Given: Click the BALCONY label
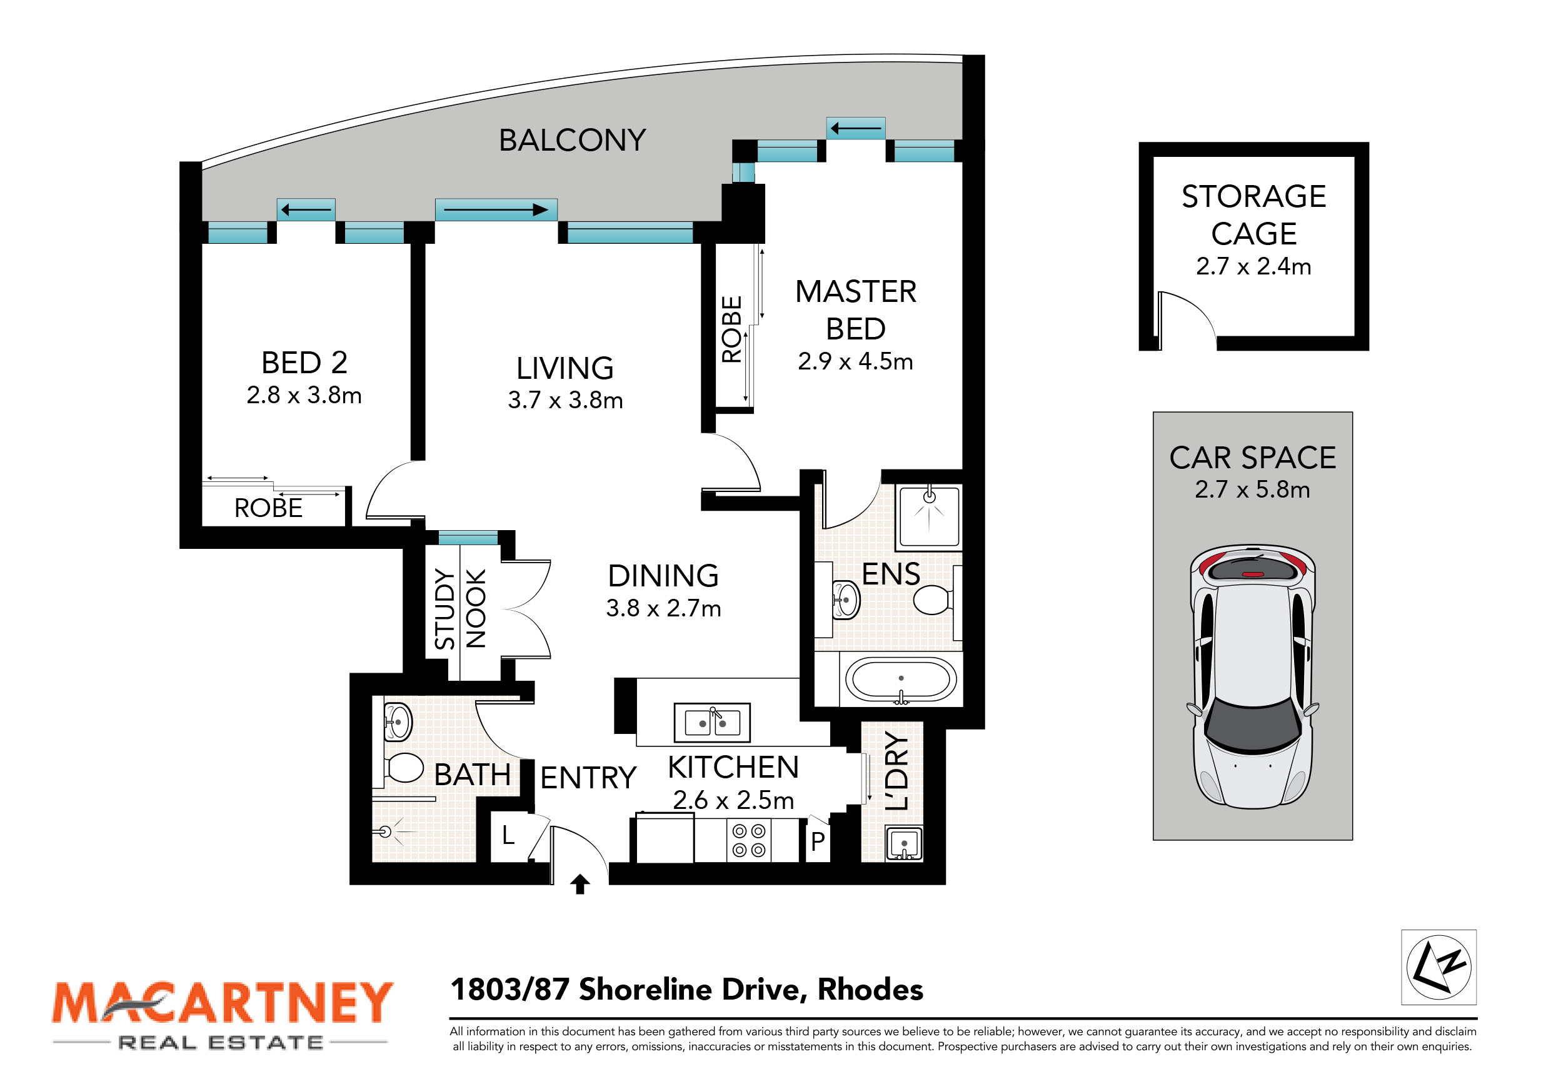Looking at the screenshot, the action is (572, 140).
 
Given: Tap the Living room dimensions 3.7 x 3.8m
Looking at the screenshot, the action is (565, 400).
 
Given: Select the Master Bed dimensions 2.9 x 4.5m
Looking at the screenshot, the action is (855, 362).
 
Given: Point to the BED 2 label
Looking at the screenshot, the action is (304, 363).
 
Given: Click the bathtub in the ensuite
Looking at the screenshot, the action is (901, 680).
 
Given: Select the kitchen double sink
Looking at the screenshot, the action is (712, 723).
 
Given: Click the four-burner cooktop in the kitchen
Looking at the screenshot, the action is (748, 841).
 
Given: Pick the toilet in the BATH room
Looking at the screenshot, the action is (403, 768).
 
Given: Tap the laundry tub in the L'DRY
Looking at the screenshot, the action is (904, 843).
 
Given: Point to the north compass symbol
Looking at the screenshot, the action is (1438, 967).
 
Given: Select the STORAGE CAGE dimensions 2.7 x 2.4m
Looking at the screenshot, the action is (1253, 266).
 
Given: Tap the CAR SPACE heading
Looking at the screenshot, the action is (1252, 458).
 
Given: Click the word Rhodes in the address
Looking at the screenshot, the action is (870, 990).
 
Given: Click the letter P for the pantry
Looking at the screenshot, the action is (818, 841).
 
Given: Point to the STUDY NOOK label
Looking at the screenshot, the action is (459, 609).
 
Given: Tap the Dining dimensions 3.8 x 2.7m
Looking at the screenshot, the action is (663, 609).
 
